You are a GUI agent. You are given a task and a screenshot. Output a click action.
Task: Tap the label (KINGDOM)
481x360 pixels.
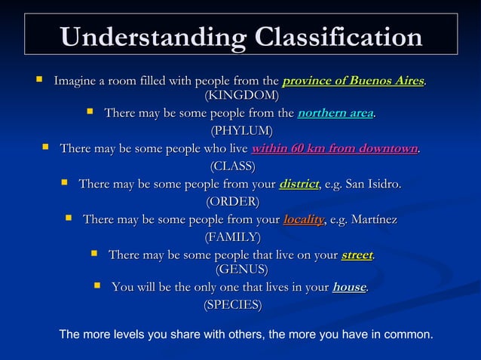tap(241, 95)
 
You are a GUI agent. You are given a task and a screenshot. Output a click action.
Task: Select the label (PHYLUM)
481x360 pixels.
tap(241, 132)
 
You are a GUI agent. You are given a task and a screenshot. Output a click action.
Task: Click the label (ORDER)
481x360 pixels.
tap(233, 202)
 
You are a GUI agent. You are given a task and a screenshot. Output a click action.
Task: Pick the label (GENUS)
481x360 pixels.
tap(241, 269)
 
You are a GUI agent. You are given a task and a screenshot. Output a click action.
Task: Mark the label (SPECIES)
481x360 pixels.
tap(233, 305)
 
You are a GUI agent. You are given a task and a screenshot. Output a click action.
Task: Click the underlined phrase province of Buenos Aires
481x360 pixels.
tap(353, 81)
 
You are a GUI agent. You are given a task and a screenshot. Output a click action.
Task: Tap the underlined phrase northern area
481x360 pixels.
tap(335, 114)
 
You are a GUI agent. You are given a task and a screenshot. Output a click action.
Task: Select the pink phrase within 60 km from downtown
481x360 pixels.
tap(334, 148)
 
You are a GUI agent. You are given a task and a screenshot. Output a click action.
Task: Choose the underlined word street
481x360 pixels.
tap(357, 255)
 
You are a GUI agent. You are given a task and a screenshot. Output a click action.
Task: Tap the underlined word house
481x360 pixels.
tap(349, 287)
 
